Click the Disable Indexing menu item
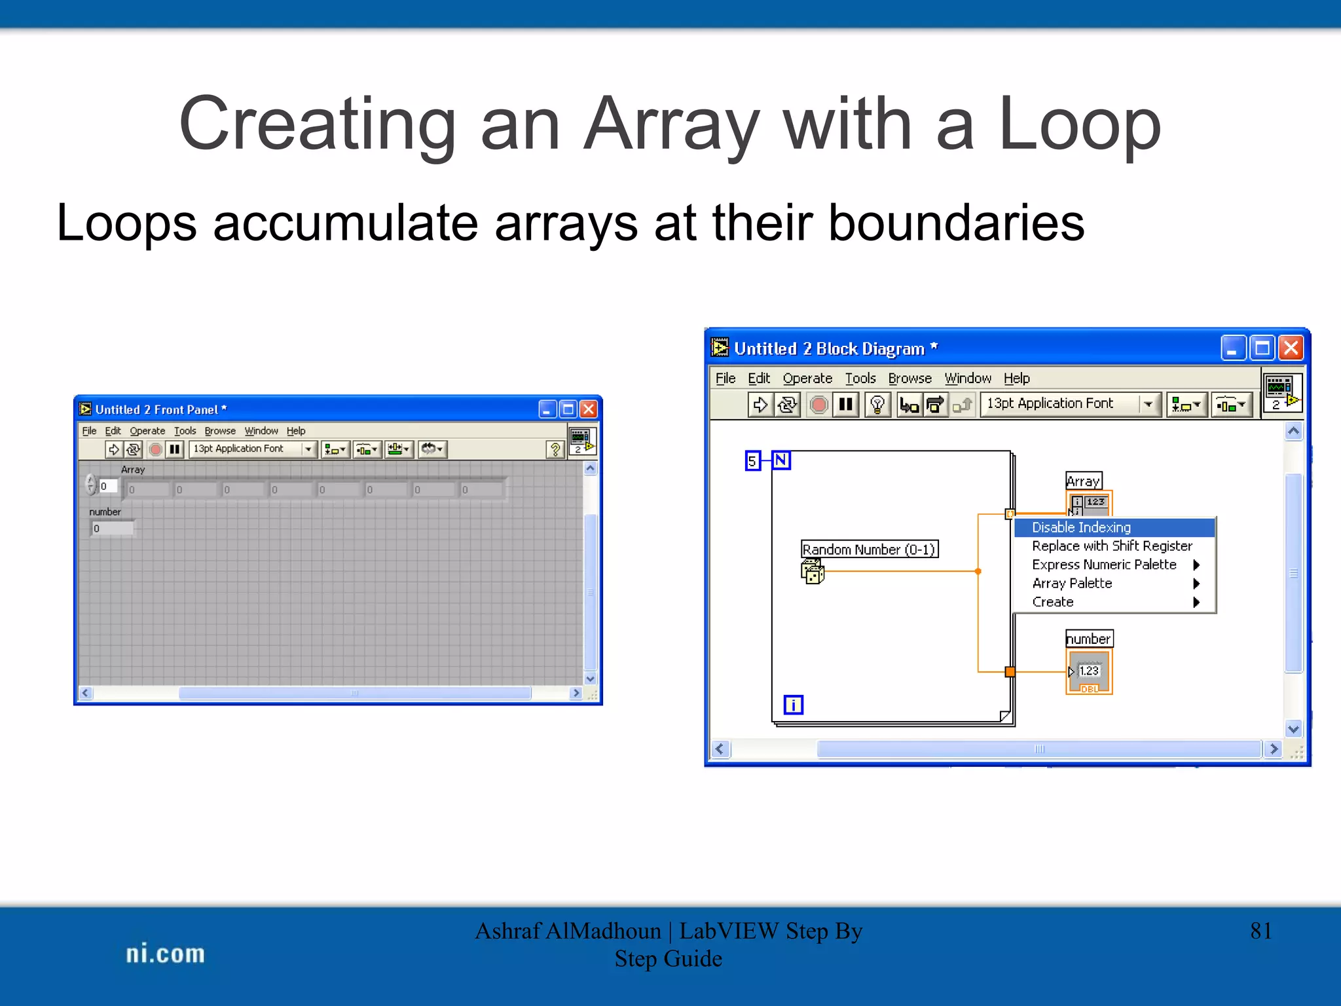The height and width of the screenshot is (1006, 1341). (x=1081, y=527)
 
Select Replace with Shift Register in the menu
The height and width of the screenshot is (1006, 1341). (x=1112, y=546)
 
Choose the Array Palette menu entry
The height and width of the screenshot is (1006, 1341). (x=1072, y=583)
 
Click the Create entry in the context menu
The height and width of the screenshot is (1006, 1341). (x=1053, y=602)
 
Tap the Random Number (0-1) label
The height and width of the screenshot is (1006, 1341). (x=869, y=549)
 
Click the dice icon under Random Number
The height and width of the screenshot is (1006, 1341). (x=812, y=572)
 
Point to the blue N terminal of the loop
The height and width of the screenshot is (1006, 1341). (x=781, y=460)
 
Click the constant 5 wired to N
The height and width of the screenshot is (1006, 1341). (x=752, y=461)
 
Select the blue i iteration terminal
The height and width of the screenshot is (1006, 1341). (x=793, y=705)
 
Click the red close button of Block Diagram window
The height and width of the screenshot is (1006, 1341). (x=1291, y=348)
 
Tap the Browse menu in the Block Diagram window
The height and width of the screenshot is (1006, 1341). (x=909, y=379)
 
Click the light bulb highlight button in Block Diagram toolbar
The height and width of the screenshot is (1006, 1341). (x=877, y=404)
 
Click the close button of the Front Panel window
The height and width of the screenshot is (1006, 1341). (x=589, y=409)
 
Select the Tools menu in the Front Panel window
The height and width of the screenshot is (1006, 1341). (x=185, y=431)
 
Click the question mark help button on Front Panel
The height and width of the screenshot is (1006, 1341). (x=555, y=449)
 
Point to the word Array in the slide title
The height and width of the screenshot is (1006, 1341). (x=672, y=124)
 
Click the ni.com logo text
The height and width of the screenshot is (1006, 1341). (x=165, y=954)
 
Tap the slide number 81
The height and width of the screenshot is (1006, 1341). (x=1260, y=931)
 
